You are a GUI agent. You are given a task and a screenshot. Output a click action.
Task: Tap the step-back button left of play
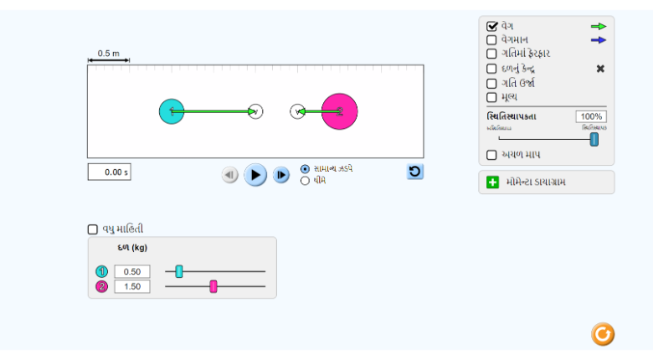229,175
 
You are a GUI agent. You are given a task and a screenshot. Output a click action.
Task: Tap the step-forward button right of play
281,175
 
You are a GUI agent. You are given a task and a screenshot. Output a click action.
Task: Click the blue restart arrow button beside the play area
415,172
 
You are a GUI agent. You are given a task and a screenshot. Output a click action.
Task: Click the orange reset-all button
603,334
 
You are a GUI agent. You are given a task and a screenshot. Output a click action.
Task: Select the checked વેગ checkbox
492,26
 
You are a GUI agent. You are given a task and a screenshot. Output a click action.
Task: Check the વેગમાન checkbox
492,39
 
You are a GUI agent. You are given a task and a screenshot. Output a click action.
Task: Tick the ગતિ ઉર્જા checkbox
492,83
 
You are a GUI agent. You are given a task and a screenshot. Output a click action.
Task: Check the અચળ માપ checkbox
492,155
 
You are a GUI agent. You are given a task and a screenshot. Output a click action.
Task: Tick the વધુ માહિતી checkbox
93,229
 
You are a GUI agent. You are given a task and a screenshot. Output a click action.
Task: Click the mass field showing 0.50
132,271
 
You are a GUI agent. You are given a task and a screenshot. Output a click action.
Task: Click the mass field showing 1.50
132,286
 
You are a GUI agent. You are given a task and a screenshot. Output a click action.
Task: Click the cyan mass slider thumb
179,271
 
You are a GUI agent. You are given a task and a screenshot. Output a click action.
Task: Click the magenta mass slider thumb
213,286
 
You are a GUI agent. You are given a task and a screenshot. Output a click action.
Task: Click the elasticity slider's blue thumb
594,139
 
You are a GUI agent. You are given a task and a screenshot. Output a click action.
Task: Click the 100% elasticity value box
590,116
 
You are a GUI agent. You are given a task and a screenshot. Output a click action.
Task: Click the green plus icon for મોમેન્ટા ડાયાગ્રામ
492,182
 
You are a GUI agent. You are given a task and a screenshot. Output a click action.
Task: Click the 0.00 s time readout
110,172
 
